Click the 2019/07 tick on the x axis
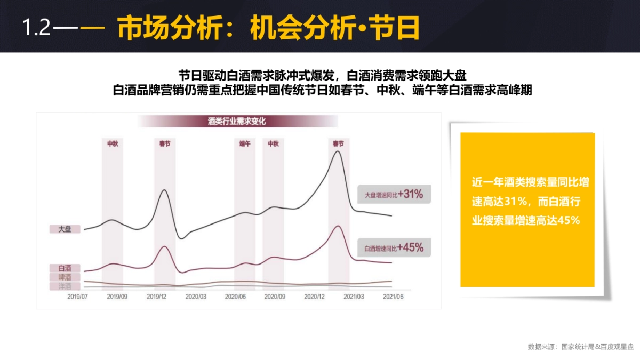(78, 295)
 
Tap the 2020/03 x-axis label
(196, 295)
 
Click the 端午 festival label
(245, 144)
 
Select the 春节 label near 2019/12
(165, 144)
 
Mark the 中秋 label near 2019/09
(113, 144)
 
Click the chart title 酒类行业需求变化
(237, 122)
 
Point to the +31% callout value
(410, 195)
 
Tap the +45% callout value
(410, 247)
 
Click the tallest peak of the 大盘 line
(337, 151)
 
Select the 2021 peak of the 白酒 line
(337, 226)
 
